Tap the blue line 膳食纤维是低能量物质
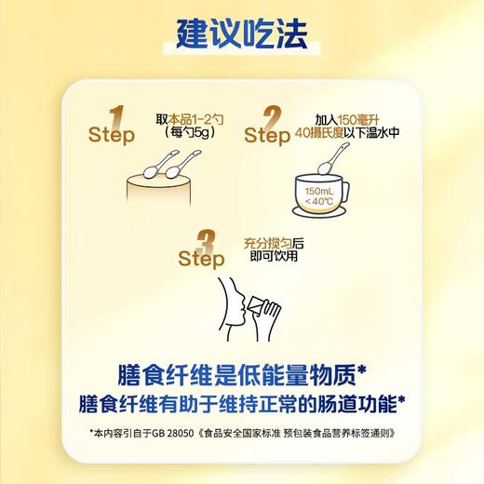point(236,375)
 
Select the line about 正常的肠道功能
point(241,404)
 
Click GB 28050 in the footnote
point(164,435)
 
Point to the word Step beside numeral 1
point(111,136)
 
